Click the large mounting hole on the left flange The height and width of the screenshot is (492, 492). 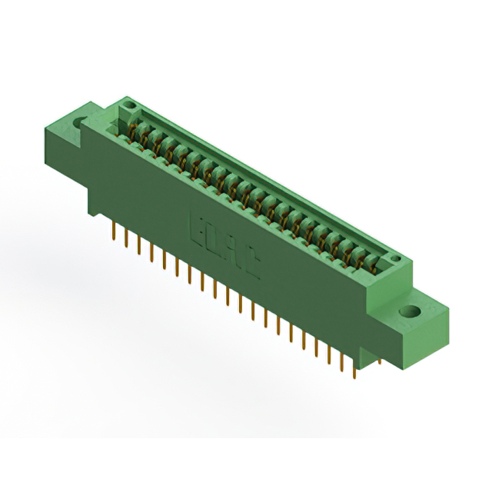pyautogui.click(x=78, y=121)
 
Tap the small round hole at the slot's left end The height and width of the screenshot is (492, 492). pyautogui.click(x=130, y=105)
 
